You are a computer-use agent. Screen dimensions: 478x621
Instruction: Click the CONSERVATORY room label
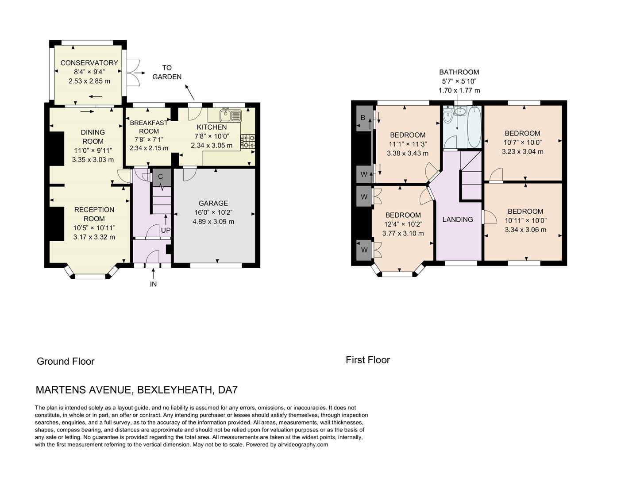89,62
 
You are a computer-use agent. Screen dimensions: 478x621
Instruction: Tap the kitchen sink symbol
231,115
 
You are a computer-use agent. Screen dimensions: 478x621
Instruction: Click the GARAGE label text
213,203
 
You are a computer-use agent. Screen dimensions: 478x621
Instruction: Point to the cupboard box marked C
160,177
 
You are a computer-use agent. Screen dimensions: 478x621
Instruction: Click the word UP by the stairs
166,230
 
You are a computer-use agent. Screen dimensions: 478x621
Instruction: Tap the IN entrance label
153,284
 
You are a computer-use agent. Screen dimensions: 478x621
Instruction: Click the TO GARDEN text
167,72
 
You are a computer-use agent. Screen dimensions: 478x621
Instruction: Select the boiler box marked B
363,118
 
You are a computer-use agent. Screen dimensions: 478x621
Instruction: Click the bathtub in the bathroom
474,126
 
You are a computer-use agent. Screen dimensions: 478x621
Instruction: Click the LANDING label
458,220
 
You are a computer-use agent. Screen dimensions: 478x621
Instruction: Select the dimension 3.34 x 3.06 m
525,230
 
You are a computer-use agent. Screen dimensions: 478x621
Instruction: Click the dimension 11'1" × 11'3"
407,144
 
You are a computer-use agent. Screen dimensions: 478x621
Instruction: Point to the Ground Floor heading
66,361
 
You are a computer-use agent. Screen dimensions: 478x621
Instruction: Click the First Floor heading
368,360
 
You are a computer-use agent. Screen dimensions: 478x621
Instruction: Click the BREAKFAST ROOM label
149,127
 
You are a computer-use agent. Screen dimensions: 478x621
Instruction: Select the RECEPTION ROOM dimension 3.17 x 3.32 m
94,237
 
